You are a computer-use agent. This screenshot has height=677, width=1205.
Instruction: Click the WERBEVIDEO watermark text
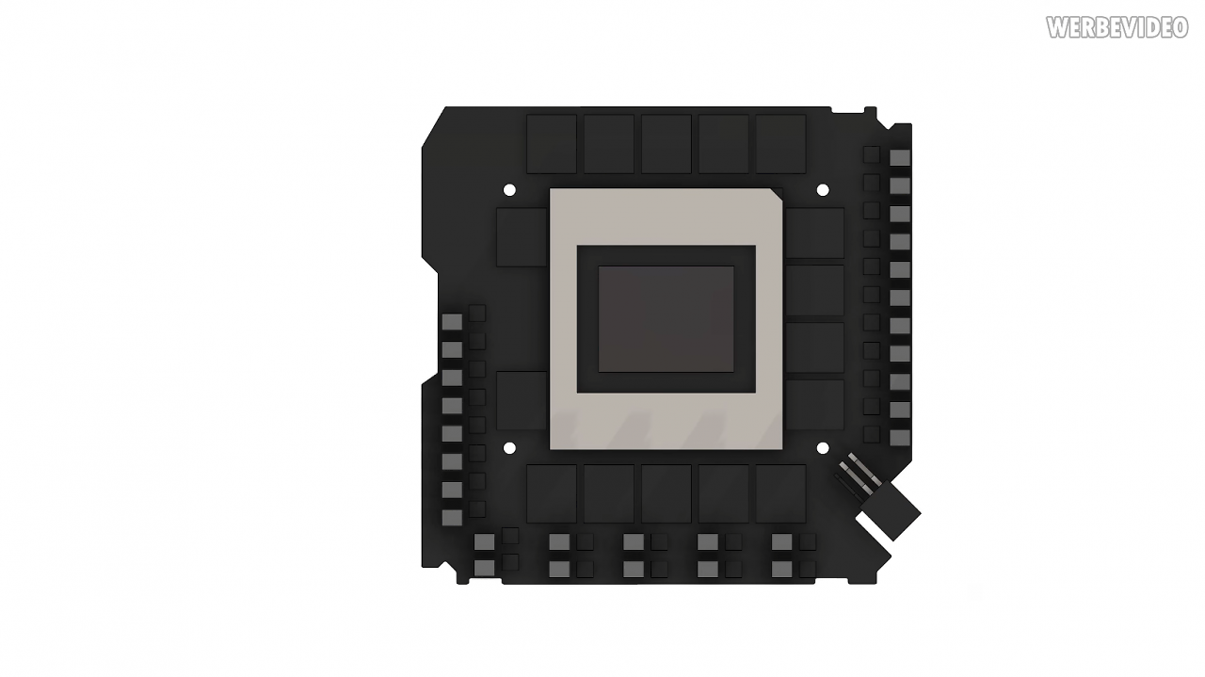coord(1117,27)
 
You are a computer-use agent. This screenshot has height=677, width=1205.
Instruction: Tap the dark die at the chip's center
coord(666,318)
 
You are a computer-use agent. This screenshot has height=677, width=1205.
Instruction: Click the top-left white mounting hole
coord(509,190)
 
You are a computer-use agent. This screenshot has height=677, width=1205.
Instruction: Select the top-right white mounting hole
coord(823,190)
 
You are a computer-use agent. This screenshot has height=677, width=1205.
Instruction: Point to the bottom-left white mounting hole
coord(510,448)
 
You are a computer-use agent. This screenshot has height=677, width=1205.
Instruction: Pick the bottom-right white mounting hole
coord(823,448)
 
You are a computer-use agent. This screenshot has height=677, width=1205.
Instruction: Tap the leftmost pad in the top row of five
coord(552,144)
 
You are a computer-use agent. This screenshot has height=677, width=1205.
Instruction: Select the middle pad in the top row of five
coord(666,144)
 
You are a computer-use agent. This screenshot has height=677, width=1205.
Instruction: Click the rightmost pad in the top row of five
coord(780,144)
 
